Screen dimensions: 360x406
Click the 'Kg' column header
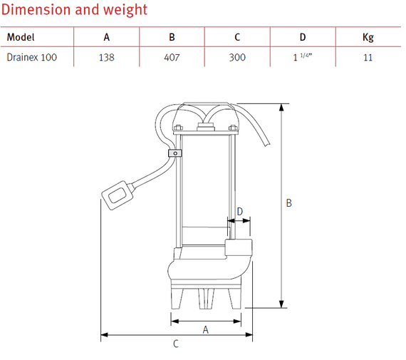pos(368,38)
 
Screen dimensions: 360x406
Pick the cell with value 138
pos(106,57)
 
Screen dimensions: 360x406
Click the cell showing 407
pos(172,57)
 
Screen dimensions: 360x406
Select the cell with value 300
pos(237,57)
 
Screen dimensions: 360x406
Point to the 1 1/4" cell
pos(302,57)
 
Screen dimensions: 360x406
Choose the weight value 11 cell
pos(368,57)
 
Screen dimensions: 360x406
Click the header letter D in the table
pos(302,38)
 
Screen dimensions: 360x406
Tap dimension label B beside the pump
pos(289,203)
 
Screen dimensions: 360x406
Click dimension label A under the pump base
pos(206,329)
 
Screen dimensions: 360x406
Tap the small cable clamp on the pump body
pos(173,153)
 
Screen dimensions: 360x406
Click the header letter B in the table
pos(172,38)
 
